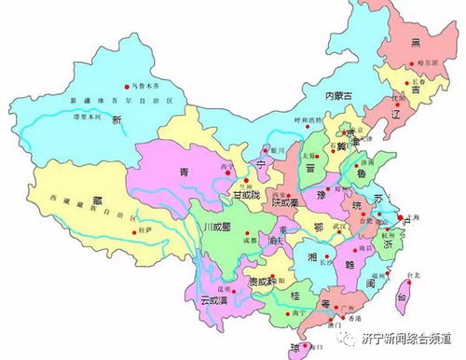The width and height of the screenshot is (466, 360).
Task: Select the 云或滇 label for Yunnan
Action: [216, 298]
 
